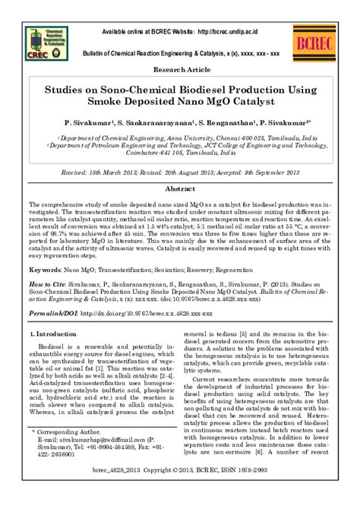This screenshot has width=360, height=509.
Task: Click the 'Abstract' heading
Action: (180, 188)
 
